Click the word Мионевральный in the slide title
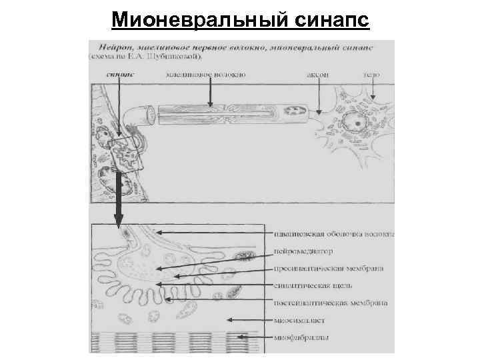click(x=198, y=19)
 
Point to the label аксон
click(x=317, y=75)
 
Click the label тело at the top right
click(x=371, y=75)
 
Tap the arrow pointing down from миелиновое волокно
click(x=210, y=93)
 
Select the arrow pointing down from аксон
click(x=319, y=97)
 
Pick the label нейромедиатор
click(x=303, y=251)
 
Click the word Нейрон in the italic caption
click(x=112, y=48)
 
